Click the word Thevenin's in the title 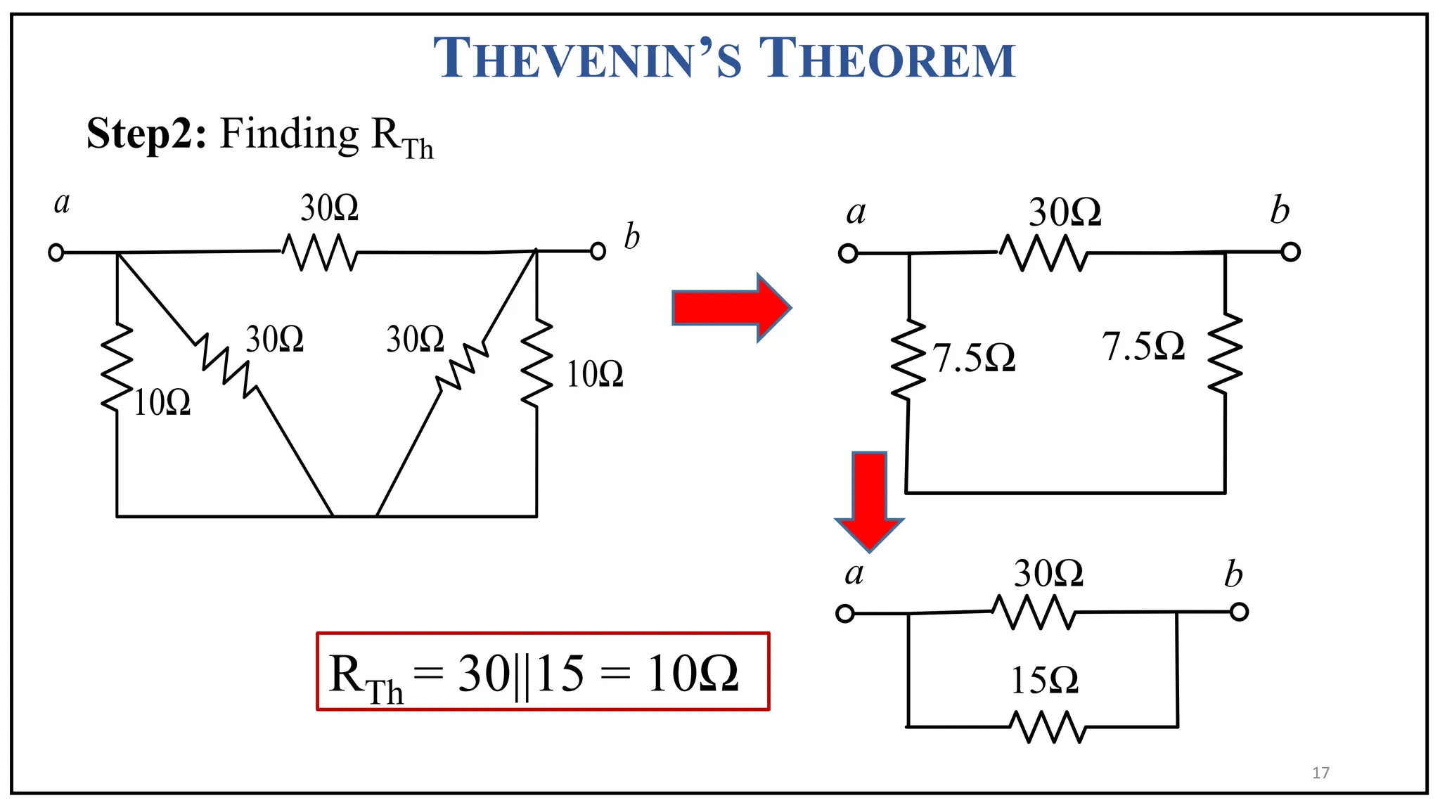click(587, 58)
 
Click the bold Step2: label click(146, 133)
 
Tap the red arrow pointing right click(731, 308)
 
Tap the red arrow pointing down click(869, 501)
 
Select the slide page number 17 click(1320, 773)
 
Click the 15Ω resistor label click(1044, 681)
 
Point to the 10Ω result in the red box click(693, 674)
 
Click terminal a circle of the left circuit click(56, 252)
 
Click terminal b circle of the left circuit click(598, 251)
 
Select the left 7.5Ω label click(975, 359)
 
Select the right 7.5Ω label click(1143, 347)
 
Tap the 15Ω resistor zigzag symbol click(1048, 727)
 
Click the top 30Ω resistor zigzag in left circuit click(320, 252)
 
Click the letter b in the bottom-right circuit click(1233, 574)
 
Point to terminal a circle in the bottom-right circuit click(845, 614)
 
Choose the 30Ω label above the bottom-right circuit click(1048, 574)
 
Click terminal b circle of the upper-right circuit click(1290, 252)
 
